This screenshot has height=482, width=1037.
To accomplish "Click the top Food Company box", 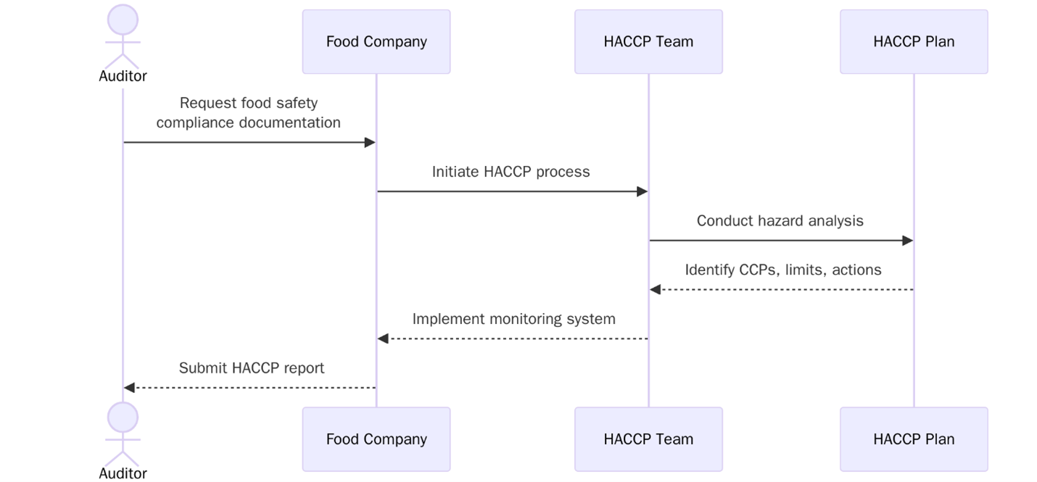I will tap(376, 41).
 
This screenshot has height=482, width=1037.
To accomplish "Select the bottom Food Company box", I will tap(376, 439).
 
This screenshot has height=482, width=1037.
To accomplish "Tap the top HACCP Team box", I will tap(648, 41).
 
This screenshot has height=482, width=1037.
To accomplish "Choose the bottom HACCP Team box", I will tap(648, 439).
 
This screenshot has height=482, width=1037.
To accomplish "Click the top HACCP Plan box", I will tap(914, 41).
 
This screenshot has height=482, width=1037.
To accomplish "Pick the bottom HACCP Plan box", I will tap(914, 439).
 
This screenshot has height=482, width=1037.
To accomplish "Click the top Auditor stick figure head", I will tap(123, 19).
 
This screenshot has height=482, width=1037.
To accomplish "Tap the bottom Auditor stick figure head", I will tap(123, 417).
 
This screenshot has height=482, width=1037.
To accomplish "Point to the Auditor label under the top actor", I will tap(123, 76).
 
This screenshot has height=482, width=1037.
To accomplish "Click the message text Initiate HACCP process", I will tap(511, 172).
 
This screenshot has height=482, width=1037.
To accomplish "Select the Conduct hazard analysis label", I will tap(780, 220).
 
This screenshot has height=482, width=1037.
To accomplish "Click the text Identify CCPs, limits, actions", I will tap(782, 270).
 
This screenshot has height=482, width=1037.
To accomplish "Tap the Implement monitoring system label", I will tap(513, 319).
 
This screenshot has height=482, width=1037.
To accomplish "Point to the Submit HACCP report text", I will tap(252, 368).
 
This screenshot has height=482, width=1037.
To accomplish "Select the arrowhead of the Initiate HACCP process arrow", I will tap(642, 191).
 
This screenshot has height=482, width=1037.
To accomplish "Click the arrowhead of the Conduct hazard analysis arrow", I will tap(907, 241).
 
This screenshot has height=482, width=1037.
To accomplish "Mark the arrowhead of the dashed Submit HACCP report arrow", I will tap(130, 388).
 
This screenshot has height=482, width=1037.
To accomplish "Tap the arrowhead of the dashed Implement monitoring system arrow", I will tap(384, 338).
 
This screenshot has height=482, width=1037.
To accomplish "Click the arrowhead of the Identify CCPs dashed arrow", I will tap(656, 290).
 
